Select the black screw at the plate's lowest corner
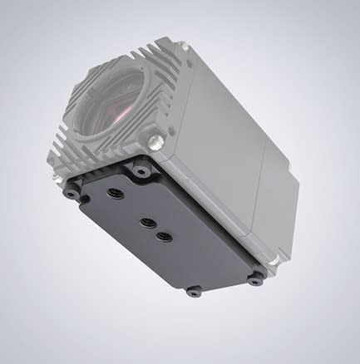coord(194,291)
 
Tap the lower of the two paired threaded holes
coord(164,236)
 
